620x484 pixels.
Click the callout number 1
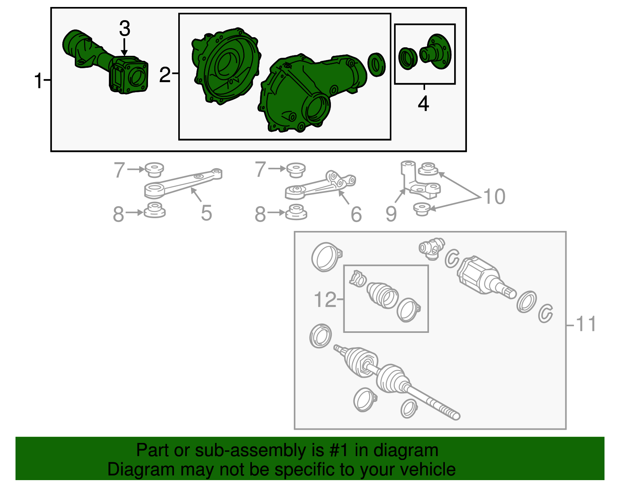tap(38, 81)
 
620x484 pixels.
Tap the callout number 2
tap(165, 75)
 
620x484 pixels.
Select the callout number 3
tap(125, 28)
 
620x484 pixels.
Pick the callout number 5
tap(206, 213)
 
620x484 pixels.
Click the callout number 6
tap(356, 214)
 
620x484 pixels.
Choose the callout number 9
tap(391, 214)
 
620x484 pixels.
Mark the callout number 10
tap(494, 196)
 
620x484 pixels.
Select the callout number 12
tap(325, 300)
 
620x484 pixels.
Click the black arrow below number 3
tap(124, 47)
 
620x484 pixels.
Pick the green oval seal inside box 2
tap(376, 64)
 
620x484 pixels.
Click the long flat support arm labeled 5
tap(183, 183)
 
